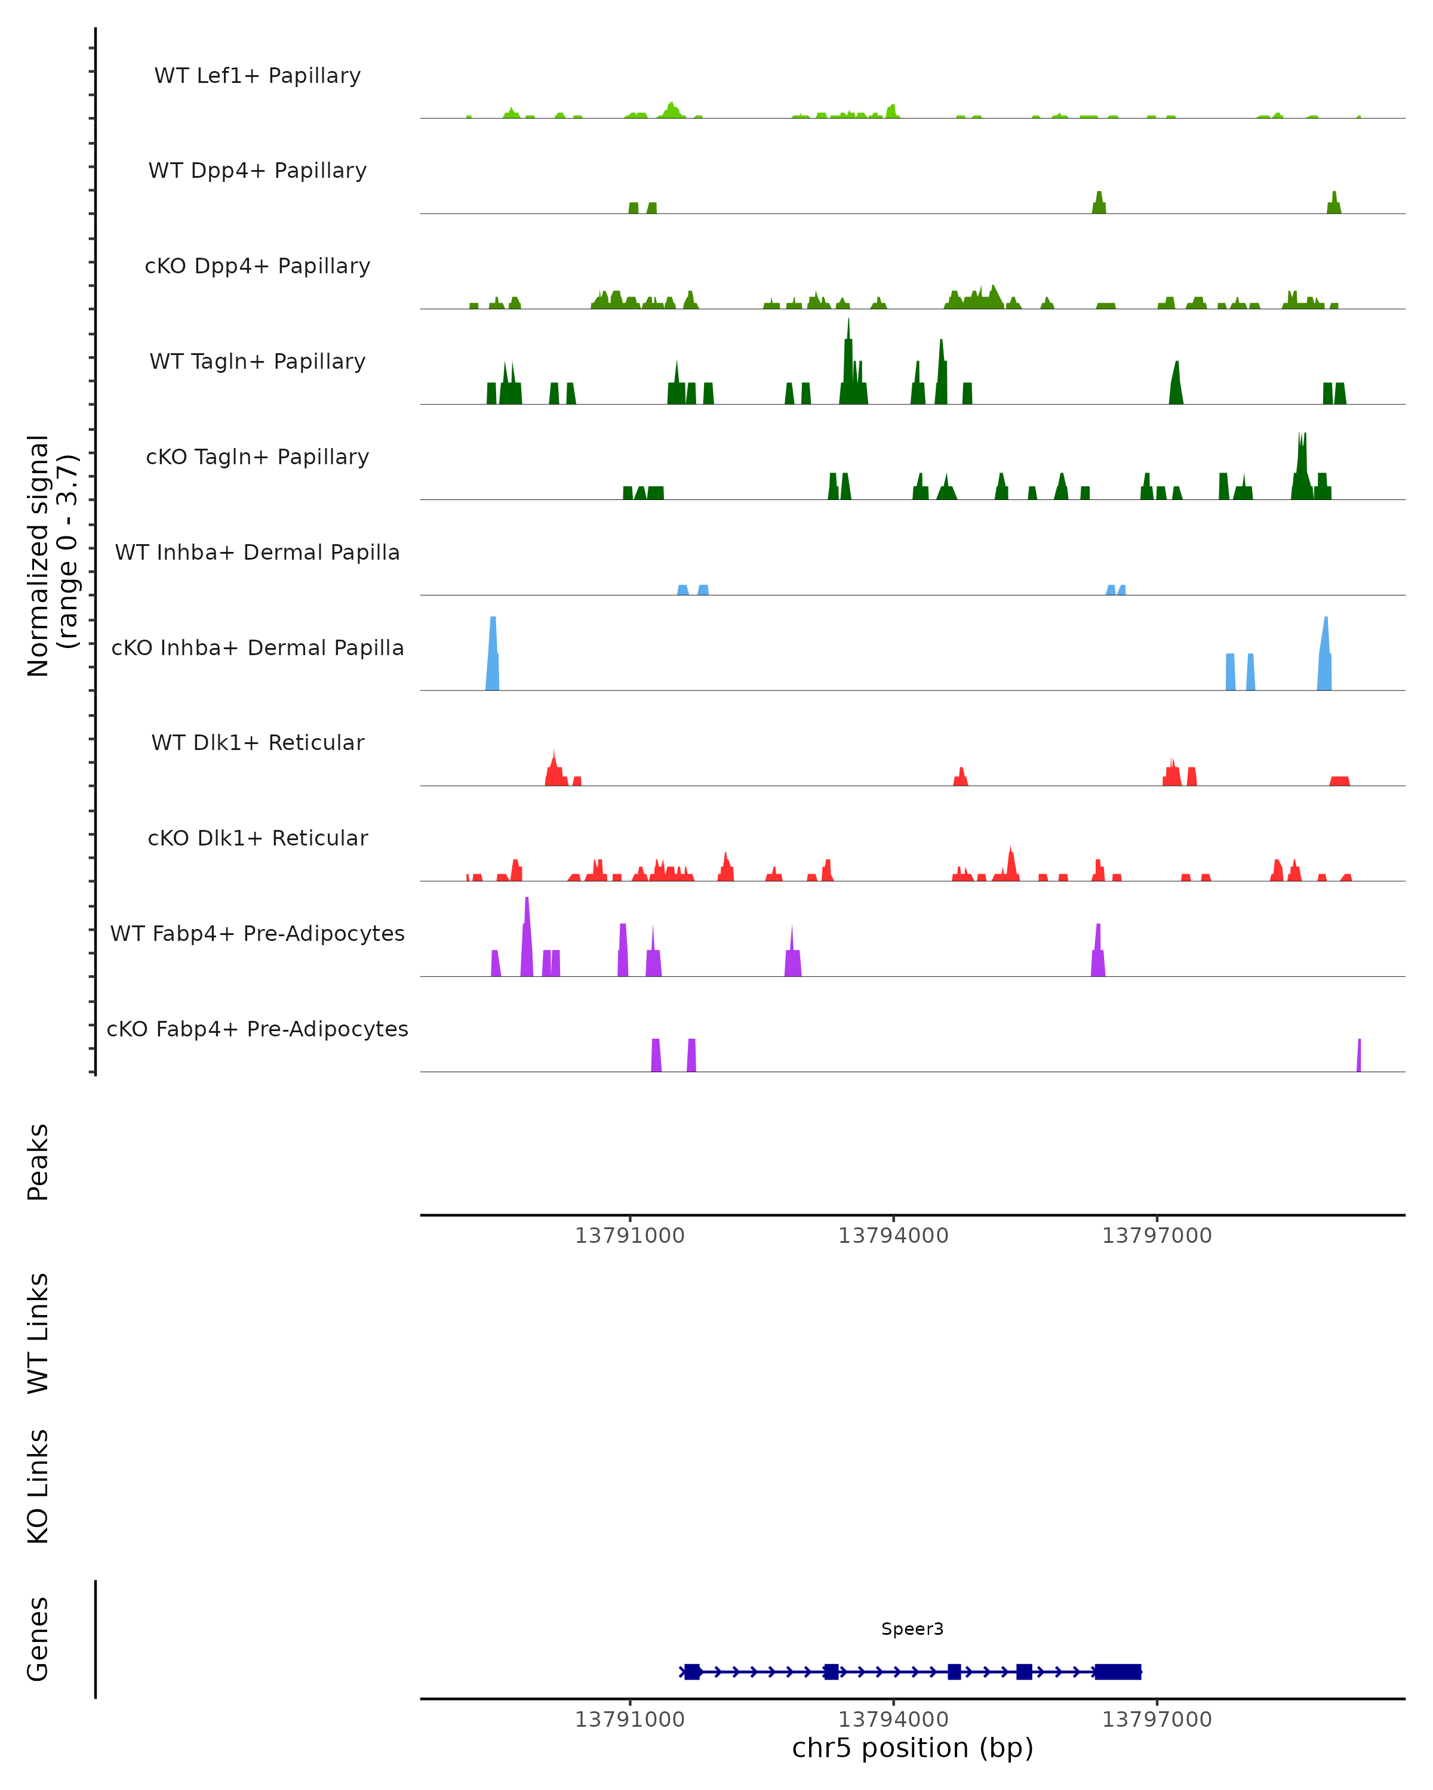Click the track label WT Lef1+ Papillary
point(257,76)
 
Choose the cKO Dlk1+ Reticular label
point(257,838)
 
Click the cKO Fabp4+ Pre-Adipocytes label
point(257,1029)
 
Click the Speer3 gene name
point(912,1629)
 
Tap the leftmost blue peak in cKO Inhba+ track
point(493,656)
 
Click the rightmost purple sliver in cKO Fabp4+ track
point(1359,1056)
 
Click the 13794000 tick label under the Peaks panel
point(893,1236)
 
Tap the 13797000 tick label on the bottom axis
point(1157,1720)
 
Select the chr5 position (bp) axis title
point(912,1748)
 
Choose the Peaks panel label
point(38,1162)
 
